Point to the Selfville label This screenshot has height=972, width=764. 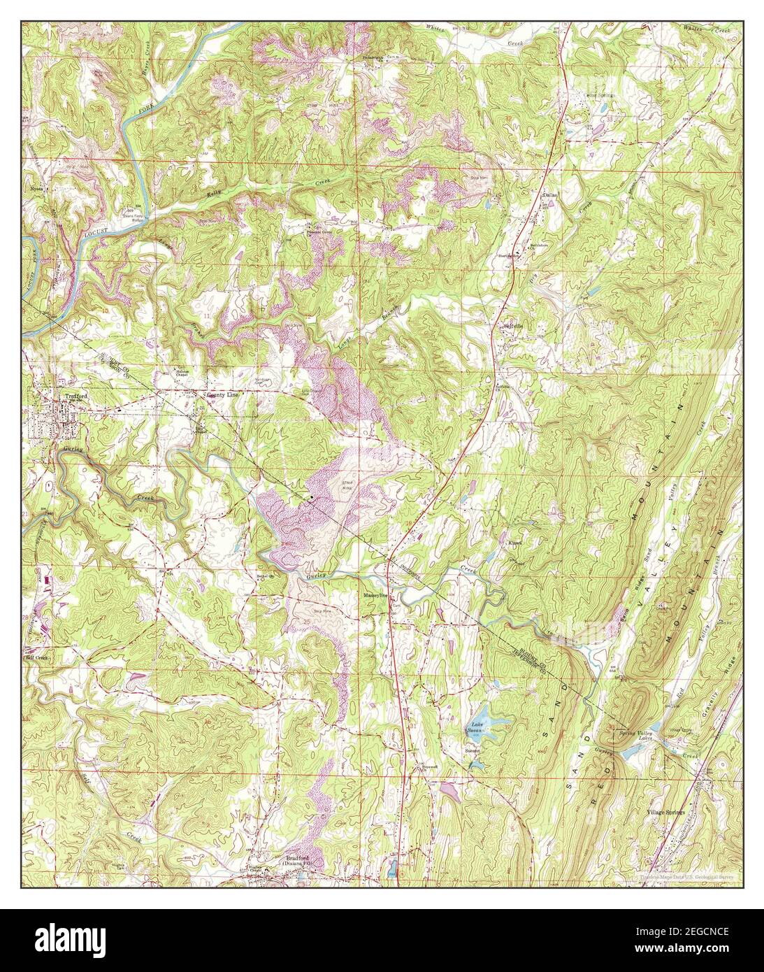(x=513, y=325)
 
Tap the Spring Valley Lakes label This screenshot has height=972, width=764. (x=637, y=736)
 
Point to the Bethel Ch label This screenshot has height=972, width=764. (x=266, y=577)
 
